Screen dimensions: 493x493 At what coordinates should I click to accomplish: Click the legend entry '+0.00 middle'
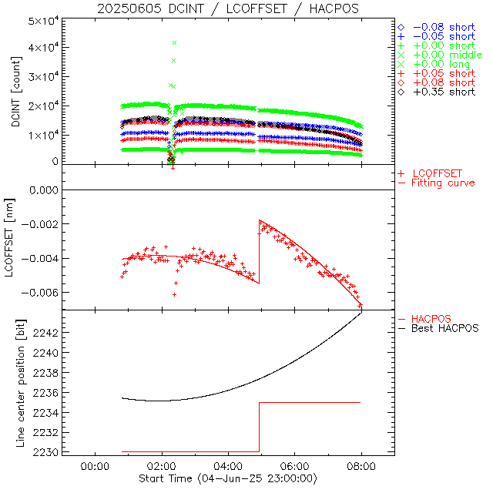coord(446,56)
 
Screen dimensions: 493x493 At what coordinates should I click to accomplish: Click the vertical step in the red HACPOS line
coord(260,427)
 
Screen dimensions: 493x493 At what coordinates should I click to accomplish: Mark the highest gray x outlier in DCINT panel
coord(174,42)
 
